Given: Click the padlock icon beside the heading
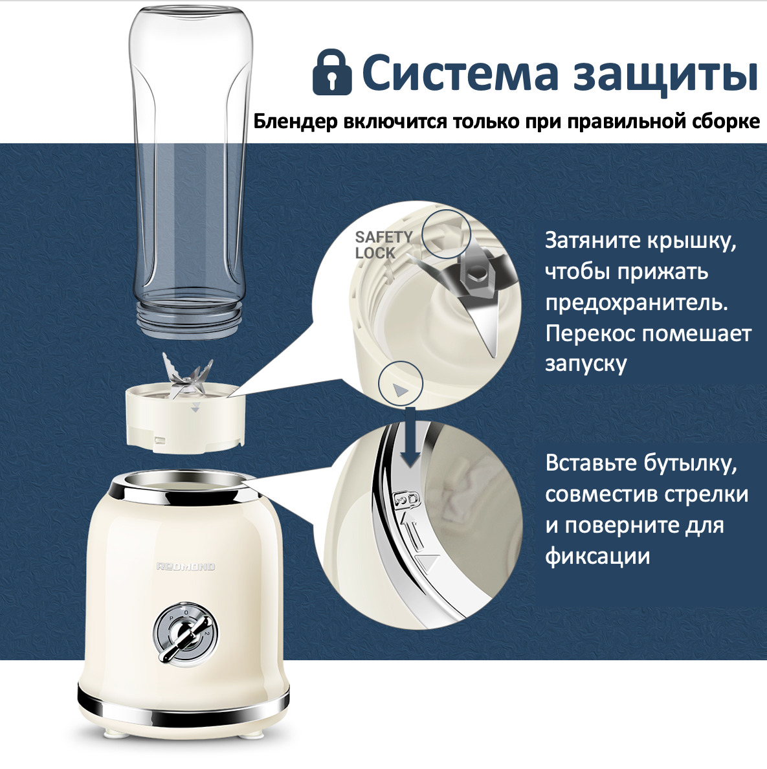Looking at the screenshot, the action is (x=332, y=72).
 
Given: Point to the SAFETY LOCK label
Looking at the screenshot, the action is (x=383, y=245).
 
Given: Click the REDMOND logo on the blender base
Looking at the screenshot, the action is (x=186, y=566).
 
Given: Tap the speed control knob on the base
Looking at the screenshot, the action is (x=186, y=634).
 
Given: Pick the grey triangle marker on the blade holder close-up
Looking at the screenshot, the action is (x=401, y=390).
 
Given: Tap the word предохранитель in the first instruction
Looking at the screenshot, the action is (x=636, y=304).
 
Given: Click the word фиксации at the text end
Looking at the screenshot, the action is (x=597, y=557).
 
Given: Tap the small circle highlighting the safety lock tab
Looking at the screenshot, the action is (x=446, y=234).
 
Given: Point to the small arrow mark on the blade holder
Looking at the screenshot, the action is (x=195, y=407).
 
